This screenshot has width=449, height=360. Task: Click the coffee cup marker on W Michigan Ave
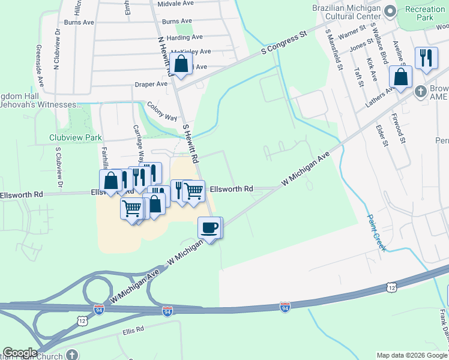tap(209, 228)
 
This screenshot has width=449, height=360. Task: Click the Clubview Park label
tap(76, 137)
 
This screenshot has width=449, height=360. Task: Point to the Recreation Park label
tap(425, 13)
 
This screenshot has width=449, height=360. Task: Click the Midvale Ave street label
tap(175, 3)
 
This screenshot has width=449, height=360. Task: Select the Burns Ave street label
tap(79, 22)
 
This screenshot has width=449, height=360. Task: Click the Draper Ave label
tap(151, 84)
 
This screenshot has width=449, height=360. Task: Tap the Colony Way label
tap(162, 111)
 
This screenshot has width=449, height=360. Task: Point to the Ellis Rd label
tap(133, 329)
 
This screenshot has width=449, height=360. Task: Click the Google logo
tap(20, 353)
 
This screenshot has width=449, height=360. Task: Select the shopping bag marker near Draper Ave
tap(181, 63)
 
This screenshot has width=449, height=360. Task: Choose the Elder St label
tap(380, 135)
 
